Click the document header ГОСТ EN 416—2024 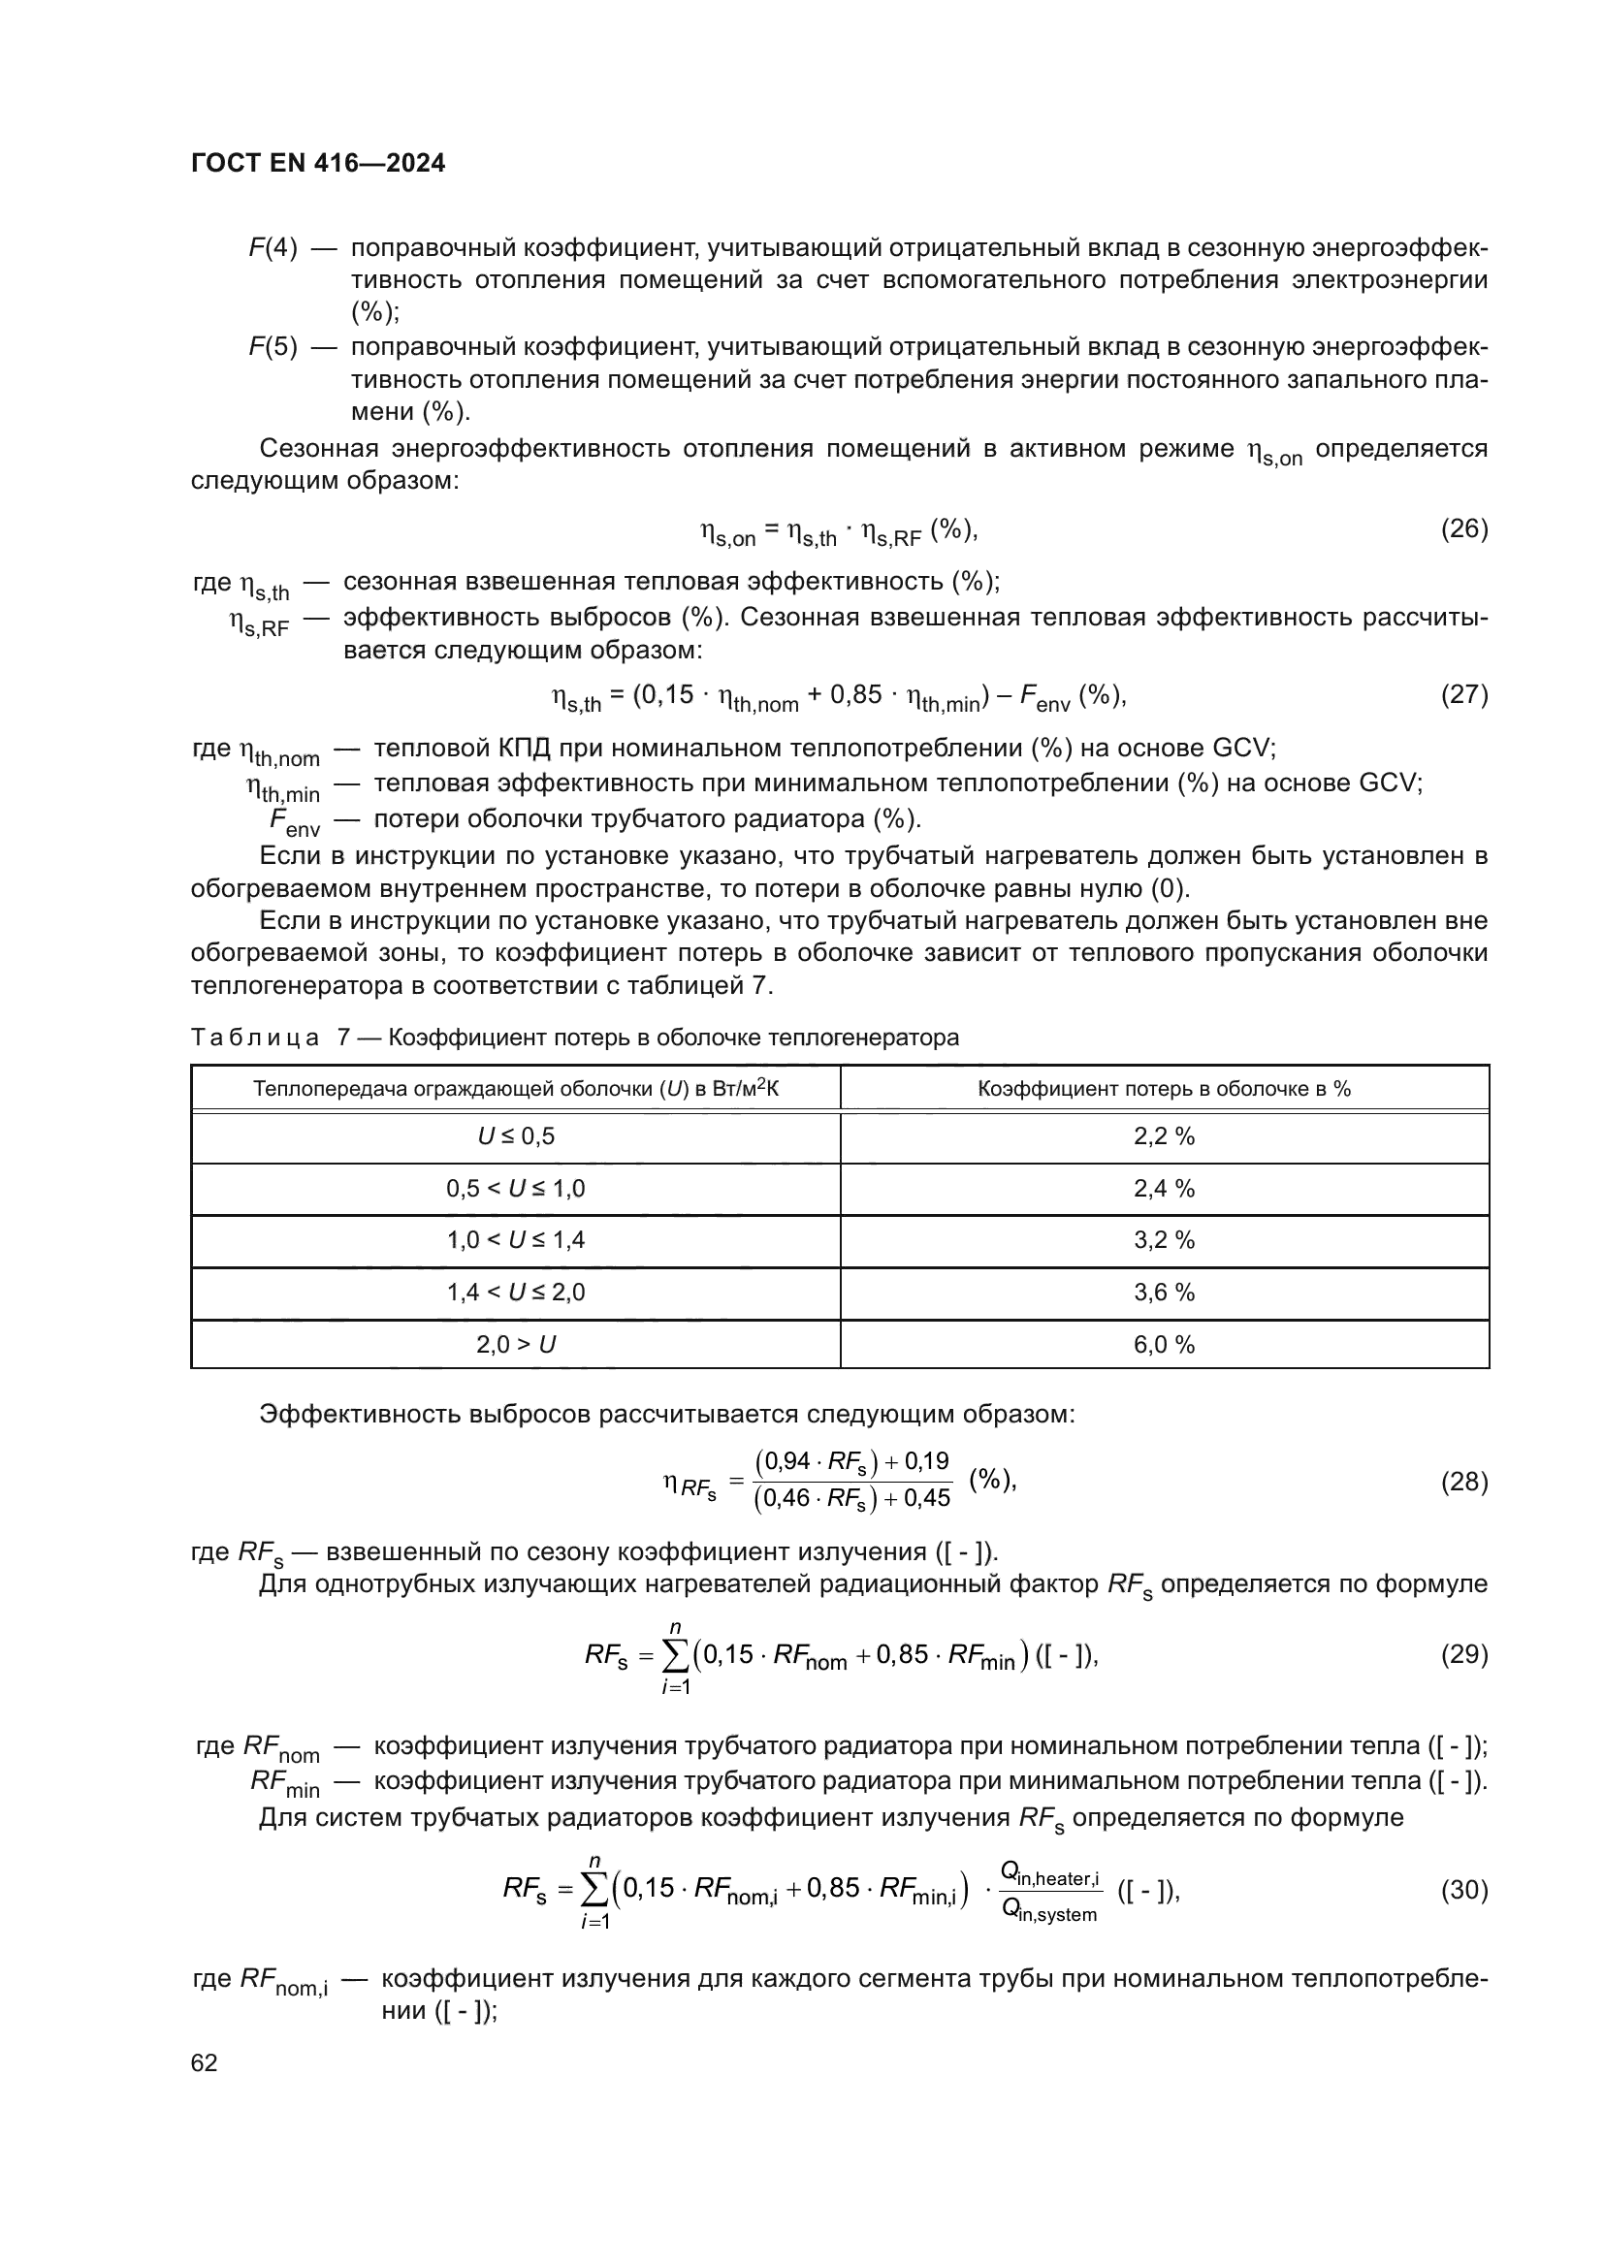tap(318, 163)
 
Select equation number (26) tap(1463, 529)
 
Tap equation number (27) tap(1463, 694)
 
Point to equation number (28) tap(1463, 1482)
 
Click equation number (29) tap(1463, 1653)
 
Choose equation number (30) tap(1463, 1890)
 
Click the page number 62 tap(205, 2062)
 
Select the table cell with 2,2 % tap(1164, 1137)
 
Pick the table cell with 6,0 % tap(1164, 1344)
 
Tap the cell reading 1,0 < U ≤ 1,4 tap(516, 1241)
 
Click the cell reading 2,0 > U tap(516, 1344)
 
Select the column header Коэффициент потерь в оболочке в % tap(1164, 1089)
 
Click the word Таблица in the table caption tap(256, 1038)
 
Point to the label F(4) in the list tap(273, 248)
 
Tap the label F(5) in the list tap(273, 348)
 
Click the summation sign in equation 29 tap(676, 1655)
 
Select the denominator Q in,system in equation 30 tap(1049, 1913)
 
